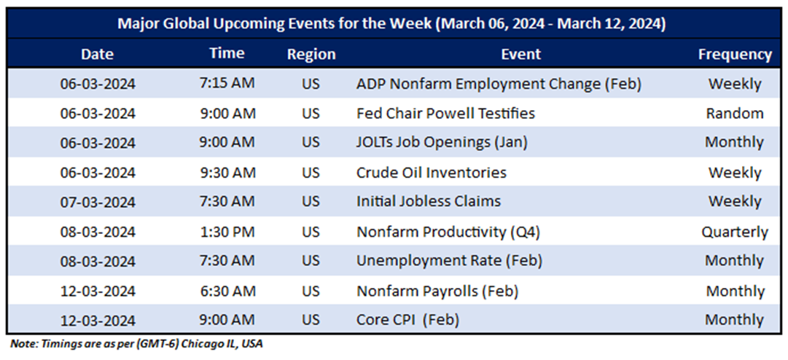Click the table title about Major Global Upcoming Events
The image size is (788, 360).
click(x=391, y=23)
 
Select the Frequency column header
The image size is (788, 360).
click(x=735, y=54)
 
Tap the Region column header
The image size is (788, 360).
click(x=311, y=55)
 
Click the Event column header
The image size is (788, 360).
click(x=521, y=54)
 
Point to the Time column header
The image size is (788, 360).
click(x=227, y=53)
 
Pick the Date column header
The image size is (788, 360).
click(x=98, y=54)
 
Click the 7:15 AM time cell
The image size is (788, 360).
click(x=227, y=83)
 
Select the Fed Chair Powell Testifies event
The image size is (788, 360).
click(x=445, y=113)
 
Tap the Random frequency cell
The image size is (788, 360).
click(x=735, y=114)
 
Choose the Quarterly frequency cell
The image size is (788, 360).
click(x=735, y=232)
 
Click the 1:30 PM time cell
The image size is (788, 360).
click(x=227, y=232)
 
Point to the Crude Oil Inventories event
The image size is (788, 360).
click(x=432, y=173)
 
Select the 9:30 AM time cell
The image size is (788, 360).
click(x=227, y=172)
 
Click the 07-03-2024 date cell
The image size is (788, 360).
click(x=98, y=202)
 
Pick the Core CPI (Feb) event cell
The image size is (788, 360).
click(x=407, y=320)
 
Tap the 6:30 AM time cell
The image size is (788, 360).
click(x=227, y=291)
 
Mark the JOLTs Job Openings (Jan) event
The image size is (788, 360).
click(x=442, y=143)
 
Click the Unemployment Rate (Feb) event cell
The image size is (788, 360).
click(x=449, y=261)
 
